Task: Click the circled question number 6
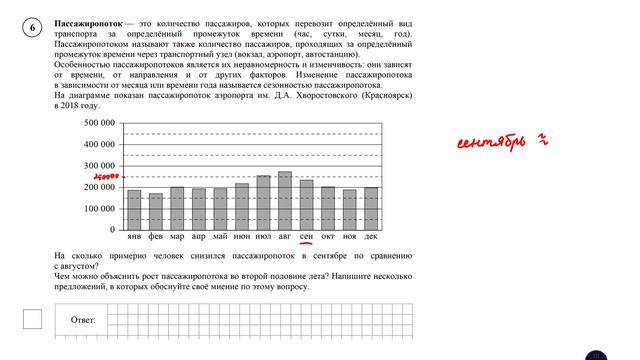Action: pyautogui.click(x=32, y=27)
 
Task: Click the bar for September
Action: pyautogui.click(x=306, y=206)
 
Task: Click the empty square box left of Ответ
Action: pyautogui.click(x=32, y=319)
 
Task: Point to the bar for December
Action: pyautogui.click(x=371, y=209)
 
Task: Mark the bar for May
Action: pyautogui.click(x=220, y=209)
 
